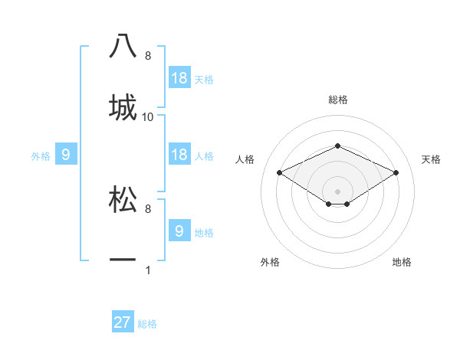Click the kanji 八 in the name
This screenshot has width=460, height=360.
123,45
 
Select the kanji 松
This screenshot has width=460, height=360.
123,198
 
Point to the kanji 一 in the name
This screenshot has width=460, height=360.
123,260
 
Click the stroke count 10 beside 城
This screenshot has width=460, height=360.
148,117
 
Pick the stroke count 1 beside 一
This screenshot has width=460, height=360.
148,270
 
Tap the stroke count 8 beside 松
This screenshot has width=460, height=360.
148,208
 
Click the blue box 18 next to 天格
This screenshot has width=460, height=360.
179,78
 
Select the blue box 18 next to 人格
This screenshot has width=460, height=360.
179,155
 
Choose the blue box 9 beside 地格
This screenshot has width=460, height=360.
179,231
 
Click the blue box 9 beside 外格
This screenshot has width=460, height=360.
66,155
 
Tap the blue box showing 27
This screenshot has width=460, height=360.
123,322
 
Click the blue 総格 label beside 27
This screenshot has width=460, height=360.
147,324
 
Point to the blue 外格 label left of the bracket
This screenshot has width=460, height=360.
41,156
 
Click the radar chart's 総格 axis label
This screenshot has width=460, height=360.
337,100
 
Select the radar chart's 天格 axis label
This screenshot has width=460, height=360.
431,159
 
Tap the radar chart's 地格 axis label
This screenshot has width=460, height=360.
402,262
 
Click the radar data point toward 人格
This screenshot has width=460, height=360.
280,172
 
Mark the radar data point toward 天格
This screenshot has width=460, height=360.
396,172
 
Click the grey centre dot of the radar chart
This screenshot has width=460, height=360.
337,191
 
